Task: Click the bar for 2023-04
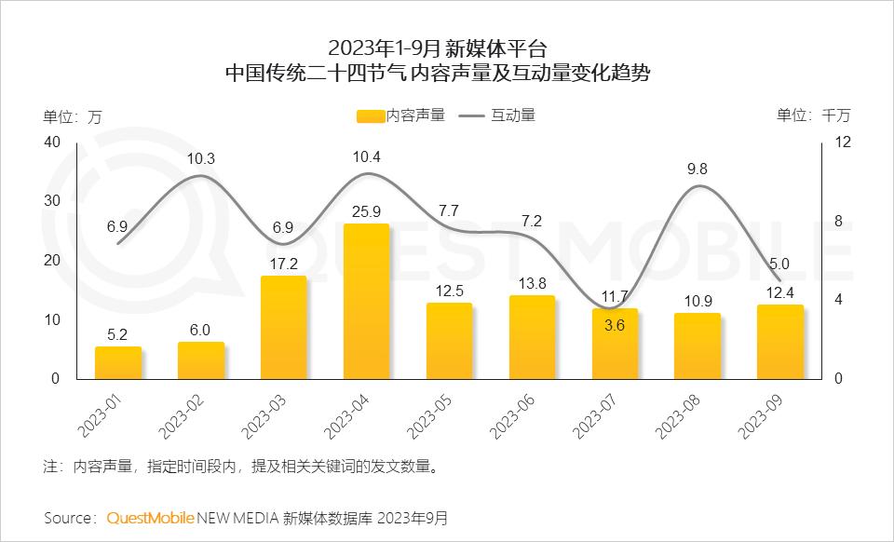[366, 302]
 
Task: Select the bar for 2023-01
[118, 363]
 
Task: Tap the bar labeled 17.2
[283, 328]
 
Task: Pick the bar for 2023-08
[698, 346]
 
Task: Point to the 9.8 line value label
[698, 169]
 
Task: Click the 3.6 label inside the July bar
[615, 325]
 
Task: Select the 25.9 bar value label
[367, 211]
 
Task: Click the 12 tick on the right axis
[843, 142]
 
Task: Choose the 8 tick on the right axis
[839, 221]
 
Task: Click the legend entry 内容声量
[400, 115]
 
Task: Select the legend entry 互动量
[498, 115]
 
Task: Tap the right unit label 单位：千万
[813, 115]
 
